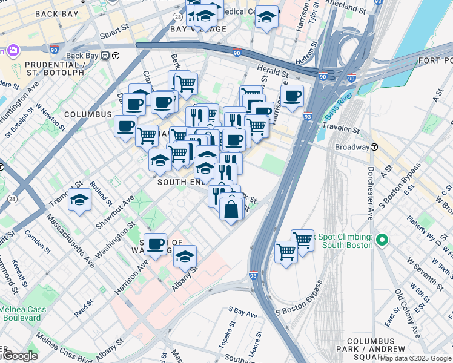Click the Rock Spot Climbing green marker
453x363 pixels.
(x=381, y=241)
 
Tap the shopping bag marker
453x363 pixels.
(x=232, y=209)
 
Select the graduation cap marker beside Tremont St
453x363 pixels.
(x=79, y=200)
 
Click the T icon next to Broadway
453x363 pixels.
(x=375, y=147)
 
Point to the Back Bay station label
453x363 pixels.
(x=82, y=56)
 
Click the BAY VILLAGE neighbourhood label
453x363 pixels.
(x=198, y=29)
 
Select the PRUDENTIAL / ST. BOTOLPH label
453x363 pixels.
(x=42, y=67)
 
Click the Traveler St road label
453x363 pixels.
(x=341, y=128)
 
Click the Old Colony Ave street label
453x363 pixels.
(x=407, y=313)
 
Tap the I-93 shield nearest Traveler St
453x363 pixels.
(x=308, y=116)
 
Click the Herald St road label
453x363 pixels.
(x=269, y=70)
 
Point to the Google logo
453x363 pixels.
(x=19, y=356)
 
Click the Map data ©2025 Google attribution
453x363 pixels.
(x=415, y=359)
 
